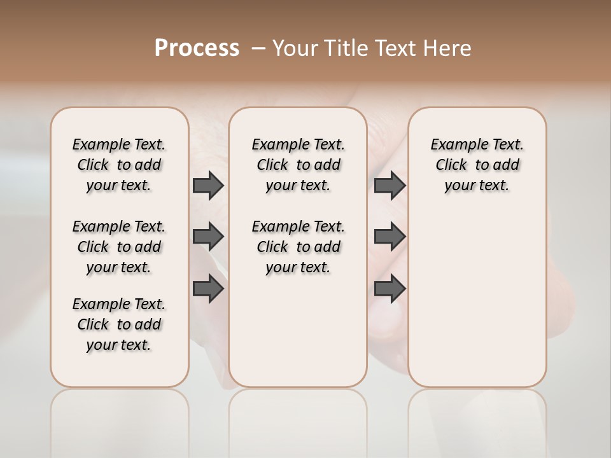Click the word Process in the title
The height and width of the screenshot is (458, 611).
click(197, 48)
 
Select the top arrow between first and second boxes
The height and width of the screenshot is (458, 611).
click(208, 185)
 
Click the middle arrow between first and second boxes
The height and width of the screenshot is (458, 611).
click(208, 237)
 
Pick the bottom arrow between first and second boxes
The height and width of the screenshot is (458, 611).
click(208, 289)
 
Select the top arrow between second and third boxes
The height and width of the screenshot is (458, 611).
click(390, 185)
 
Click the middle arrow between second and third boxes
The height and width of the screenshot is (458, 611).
click(390, 237)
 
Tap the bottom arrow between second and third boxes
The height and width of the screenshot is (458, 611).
click(390, 289)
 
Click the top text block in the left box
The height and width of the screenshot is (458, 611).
click(119, 165)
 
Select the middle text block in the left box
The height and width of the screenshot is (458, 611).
click(119, 247)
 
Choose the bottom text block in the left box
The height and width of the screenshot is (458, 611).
click(119, 324)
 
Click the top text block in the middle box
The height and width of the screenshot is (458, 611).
click(298, 165)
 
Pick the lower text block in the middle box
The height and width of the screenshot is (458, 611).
click(298, 247)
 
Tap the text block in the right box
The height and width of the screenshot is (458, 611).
click(477, 165)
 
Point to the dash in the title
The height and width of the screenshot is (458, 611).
click(258, 48)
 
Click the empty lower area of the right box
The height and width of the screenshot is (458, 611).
click(477, 299)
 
